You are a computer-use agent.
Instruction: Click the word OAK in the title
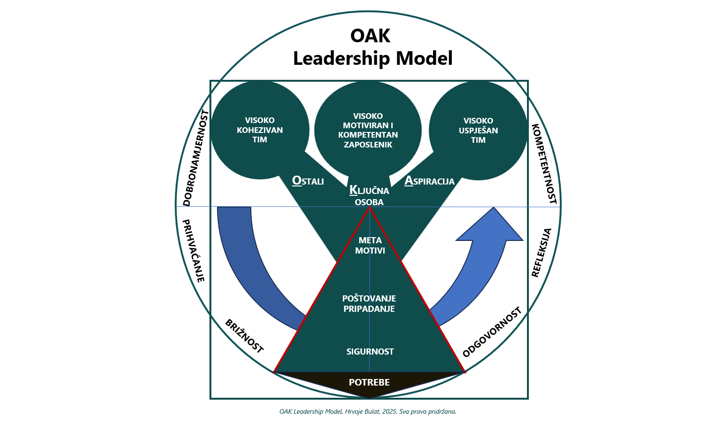[x=370, y=36]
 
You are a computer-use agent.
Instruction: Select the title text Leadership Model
[x=372, y=58]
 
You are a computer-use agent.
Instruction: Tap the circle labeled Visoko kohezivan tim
[x=260, y=130]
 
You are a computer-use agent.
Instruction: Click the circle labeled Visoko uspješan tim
[x=478, y=130]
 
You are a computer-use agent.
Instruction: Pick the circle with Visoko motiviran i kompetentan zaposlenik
[x=368, y=130]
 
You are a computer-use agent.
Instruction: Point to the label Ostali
[x=308, y=181]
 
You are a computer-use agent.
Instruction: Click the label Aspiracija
[x=429, y=181]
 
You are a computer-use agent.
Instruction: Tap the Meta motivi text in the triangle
[x=370, y=246]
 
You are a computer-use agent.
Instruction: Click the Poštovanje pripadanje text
[x=369, y=303]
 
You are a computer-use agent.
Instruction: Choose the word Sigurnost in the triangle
[x=370, y=351]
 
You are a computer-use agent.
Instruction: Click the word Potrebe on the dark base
[x=369, y=382]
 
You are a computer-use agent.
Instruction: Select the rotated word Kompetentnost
[x=544, y=163]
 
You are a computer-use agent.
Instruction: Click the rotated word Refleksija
[x=541, y=252]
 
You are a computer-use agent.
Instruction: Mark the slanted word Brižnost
[x=244, y=336]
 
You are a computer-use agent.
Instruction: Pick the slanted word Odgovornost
[x=492, y=332]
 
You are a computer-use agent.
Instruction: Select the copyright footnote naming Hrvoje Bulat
[x=368, y=411]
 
